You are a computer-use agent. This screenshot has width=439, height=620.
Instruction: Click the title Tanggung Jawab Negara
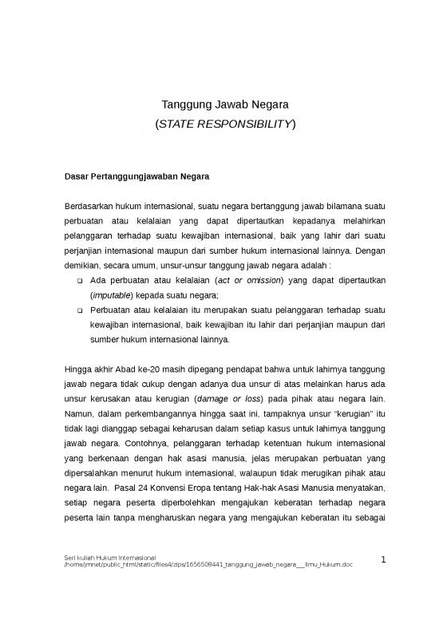219,105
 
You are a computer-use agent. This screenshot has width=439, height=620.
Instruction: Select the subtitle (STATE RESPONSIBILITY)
219,124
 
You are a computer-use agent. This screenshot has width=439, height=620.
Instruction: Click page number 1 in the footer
383,561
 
